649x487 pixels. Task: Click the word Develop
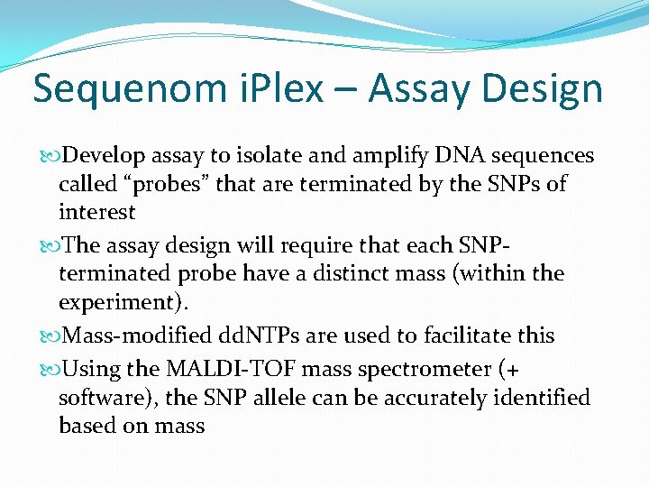(x=107, y=156)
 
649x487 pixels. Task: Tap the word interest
(x=96, y=213)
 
